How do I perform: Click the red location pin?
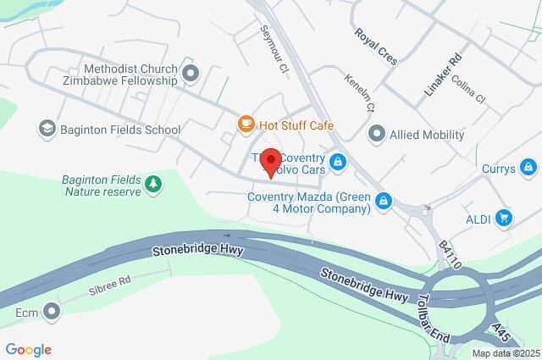click(x=270, y=162)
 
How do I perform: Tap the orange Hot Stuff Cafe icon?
click(x=246, y=125)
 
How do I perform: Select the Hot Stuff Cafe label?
click(x=296, y=126)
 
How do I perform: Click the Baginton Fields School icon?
click(x=47, y=130)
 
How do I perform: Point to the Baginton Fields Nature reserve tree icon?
click(x=152, y=183)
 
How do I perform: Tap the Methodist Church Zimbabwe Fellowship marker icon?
click(x=190, y=74)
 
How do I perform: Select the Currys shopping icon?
click(x=528, y=167)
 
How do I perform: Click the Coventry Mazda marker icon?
click(x=384, y=200)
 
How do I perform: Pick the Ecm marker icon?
click(x=53, y=312)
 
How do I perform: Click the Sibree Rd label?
click(x=110, y=283)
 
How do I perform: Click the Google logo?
click(x=28, y=349)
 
